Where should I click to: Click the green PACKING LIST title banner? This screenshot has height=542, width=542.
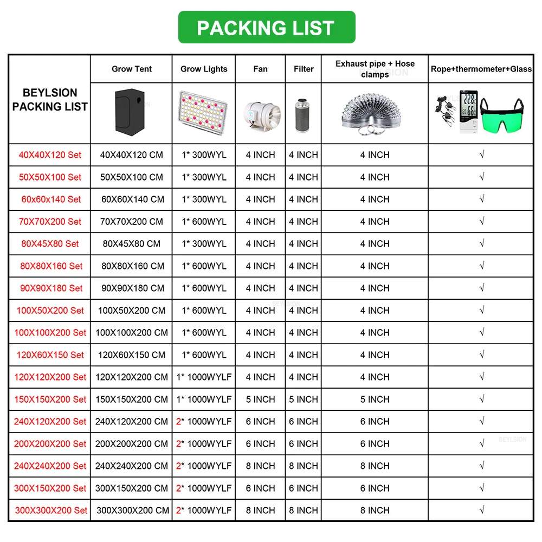(x=266, y=28)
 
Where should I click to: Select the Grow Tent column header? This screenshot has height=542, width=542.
(x=132, y=69)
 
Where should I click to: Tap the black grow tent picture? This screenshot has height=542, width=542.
(x=131, y=112)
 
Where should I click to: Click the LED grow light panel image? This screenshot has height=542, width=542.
(x=204, y=113)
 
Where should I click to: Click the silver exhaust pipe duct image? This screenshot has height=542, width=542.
(x=375, y=112)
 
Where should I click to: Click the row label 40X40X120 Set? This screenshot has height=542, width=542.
(x=50, y=155)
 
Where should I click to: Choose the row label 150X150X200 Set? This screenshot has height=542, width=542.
(x=50, y=399)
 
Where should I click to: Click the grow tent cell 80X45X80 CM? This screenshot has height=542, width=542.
(x=132, y=244)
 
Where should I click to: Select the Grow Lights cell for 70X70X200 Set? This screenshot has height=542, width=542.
(x=204, y=222)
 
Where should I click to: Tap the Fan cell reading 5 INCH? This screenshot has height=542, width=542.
(x=260, y=399)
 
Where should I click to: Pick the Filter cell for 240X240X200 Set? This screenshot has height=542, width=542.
(x=304, y=466)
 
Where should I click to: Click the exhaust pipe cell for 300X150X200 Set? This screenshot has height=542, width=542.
(x=375, y=488)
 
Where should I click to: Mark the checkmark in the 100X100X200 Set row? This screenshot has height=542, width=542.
(x=482, y=333)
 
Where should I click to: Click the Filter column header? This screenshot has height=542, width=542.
(x=304, y=69)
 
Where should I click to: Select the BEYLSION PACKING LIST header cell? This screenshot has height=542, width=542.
(x=50, y=100)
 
